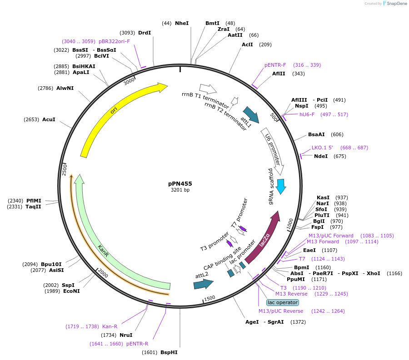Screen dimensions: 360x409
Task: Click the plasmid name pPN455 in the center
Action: [180, 183]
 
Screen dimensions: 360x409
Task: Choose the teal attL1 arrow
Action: [250, 115]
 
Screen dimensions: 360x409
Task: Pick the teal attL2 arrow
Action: [203, 284]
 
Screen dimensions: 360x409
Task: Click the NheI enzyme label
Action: [181, 23]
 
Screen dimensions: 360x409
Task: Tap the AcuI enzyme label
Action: [49, 119]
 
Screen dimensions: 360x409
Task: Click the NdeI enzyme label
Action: [321, 156]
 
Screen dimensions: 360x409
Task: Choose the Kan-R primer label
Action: [110, 326]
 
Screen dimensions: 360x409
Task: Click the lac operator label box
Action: [283, 302]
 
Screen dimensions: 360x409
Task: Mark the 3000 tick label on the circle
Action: [130, 81]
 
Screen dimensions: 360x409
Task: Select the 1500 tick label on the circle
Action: [209, 298]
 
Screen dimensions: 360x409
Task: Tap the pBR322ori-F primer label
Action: [114, 41]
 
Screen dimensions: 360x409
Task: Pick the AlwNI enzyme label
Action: [65, 88]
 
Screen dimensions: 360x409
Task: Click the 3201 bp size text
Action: [180, 190]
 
